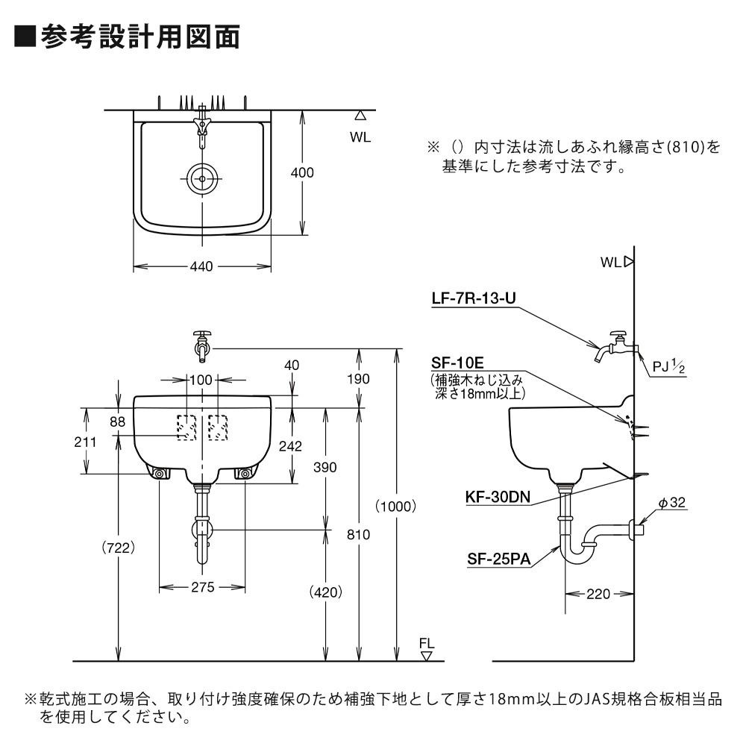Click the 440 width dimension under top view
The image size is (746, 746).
pos(201,266)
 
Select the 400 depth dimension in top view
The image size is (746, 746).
pos(302,172)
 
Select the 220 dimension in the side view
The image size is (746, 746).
pos(599,594)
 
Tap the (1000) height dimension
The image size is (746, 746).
pos(395,506)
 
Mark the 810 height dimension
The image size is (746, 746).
pos(360,533)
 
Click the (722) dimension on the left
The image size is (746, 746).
pos(118,548)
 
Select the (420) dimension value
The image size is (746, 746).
pos(325,592)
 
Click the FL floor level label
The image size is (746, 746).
pos(426,644)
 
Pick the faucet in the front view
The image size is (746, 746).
pos(201,344)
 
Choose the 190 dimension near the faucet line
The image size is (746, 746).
pos(359,378)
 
